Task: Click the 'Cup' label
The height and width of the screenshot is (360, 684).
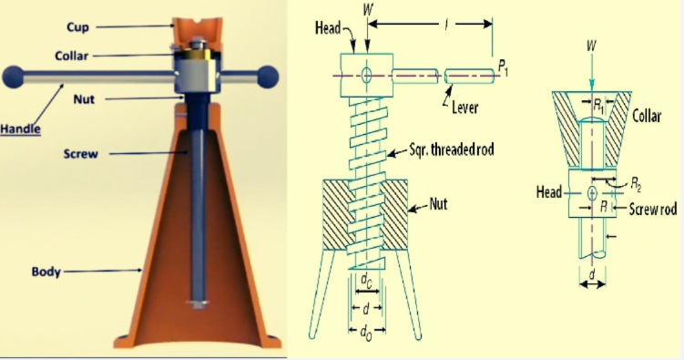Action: coord(78,27)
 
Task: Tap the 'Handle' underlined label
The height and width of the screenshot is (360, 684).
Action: coord(21,129)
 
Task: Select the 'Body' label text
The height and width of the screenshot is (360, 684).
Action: coord(46,272)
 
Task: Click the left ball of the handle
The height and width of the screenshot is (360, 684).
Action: coord(13,77)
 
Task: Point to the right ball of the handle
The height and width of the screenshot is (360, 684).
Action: coord(268,77)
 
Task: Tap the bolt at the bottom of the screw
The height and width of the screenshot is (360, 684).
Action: coord(198,304)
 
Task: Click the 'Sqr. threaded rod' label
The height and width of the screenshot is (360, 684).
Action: coord(452,149)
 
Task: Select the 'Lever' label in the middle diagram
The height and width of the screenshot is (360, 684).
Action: coord(465,107)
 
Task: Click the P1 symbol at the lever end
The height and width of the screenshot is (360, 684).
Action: coord(503,67)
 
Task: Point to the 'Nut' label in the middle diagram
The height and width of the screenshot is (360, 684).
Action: coord(438,203)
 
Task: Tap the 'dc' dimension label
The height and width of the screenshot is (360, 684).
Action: coord(366,281)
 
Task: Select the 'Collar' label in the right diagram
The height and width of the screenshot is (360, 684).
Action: coord(647,116)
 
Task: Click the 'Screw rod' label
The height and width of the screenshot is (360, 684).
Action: coord(653,209)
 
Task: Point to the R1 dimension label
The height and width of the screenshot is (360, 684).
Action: coord(599,105)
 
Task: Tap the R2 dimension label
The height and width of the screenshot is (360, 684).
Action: coord(636,185)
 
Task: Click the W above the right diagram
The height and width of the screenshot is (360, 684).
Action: coord(591,45)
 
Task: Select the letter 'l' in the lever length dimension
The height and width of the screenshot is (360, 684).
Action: coord(445,26)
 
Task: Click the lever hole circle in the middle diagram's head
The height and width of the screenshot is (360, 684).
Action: coord(367,75)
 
